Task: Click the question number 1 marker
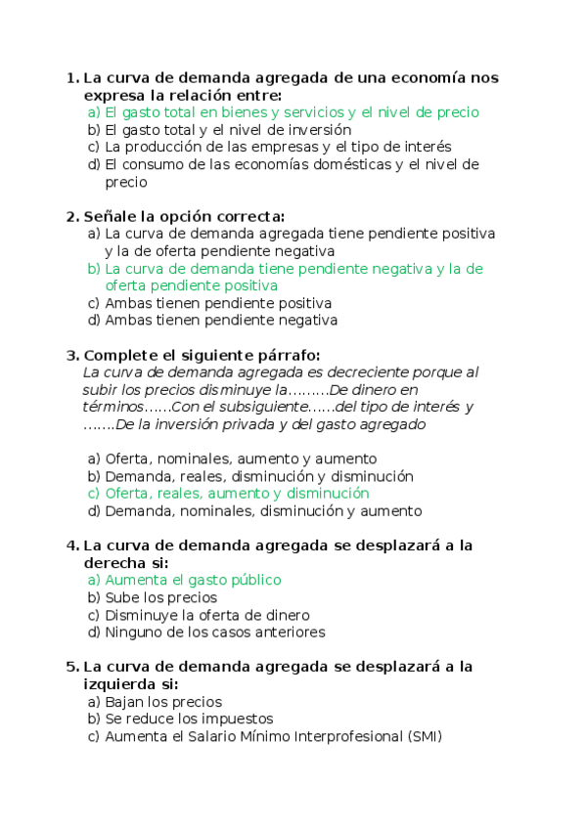[70, 77]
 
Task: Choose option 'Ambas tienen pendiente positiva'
[218, 303]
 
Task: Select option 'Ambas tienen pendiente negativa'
[221, 321]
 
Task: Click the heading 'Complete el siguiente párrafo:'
[202, 355]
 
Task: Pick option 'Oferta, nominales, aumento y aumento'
[241, 458]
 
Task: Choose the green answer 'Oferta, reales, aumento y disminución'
[237, 494]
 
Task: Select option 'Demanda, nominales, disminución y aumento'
[263, 511]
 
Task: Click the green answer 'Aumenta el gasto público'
[193, 580]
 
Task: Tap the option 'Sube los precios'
[160, 597]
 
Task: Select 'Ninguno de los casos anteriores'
[214, 633]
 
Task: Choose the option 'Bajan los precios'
[163, 702]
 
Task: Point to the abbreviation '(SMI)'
[423, 737]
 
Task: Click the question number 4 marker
[70, 545]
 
